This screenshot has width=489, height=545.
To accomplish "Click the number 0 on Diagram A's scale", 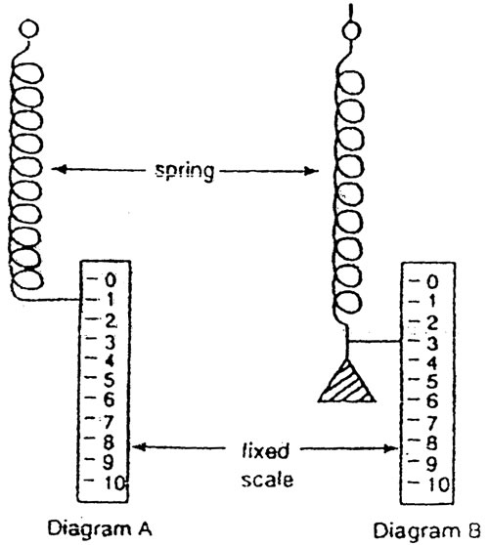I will (110, 279).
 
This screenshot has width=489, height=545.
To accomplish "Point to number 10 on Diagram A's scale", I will (114, 482).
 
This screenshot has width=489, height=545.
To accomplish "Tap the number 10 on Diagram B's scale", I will (437, 482).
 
